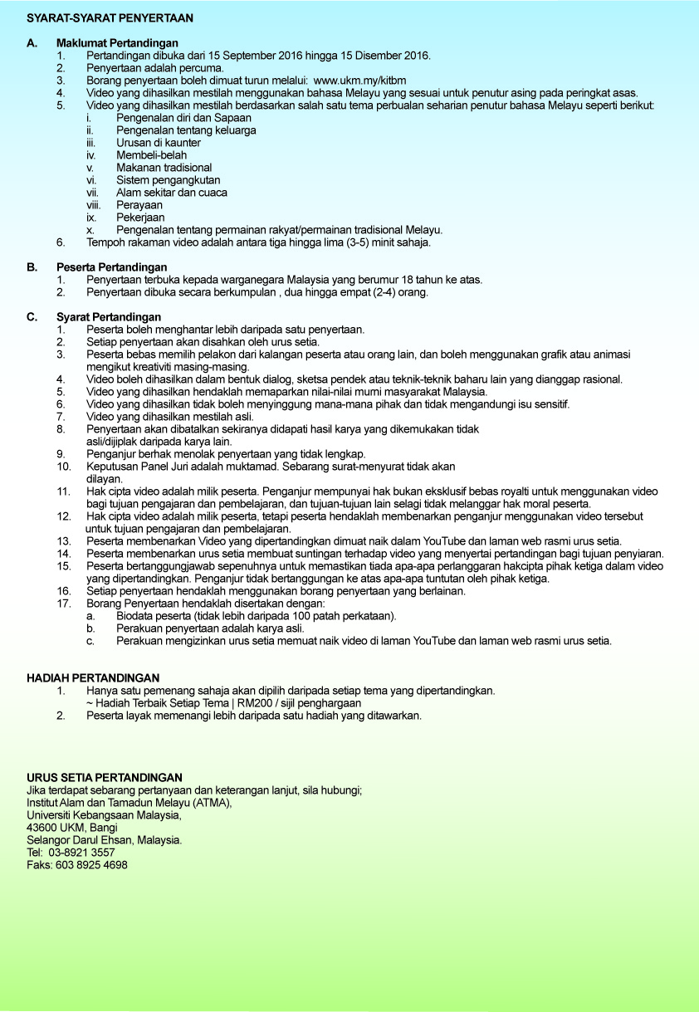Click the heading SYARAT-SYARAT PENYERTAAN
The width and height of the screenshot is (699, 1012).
coord(110,17)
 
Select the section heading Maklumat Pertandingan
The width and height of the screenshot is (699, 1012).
coord(117,43)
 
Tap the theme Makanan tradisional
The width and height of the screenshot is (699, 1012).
coord(164,168)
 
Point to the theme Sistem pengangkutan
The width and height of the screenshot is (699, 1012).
coord(168,180)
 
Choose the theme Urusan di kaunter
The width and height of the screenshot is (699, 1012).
coord(158,143)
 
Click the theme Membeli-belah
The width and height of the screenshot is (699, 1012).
coord(151,155)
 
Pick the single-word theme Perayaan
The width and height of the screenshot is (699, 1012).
coord(139,205)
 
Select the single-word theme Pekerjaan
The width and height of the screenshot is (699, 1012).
coord(140,218)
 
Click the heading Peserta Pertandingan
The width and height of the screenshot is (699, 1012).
coord(112,267)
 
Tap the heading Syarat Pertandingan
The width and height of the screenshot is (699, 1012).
coord(109,317)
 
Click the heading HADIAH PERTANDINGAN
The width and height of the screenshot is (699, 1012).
coord(93,678)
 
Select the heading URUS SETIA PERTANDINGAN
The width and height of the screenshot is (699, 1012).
coord(105,778)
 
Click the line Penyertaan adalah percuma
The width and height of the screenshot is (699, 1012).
coord(154,68)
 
